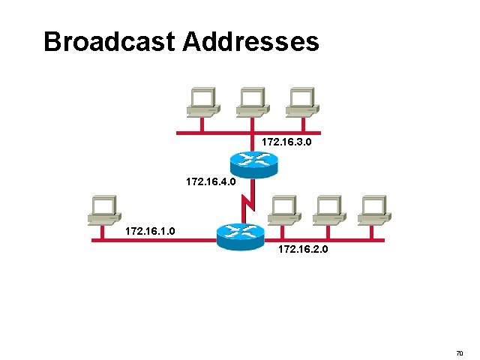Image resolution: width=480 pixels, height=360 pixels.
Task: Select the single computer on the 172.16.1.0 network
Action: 103,209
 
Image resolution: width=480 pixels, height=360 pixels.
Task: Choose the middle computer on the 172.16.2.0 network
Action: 327,209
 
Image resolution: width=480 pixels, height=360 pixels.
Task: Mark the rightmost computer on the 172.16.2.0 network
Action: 372,209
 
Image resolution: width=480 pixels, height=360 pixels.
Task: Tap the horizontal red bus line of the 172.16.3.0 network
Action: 217,133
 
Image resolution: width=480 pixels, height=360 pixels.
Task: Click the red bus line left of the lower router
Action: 150,240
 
